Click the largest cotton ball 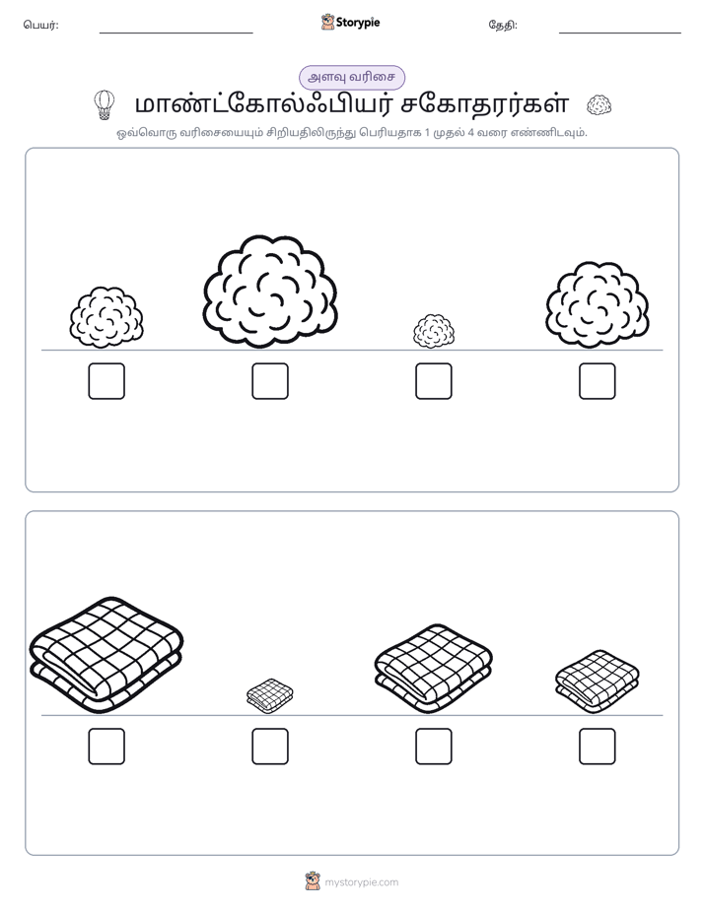click(x=270, y=292)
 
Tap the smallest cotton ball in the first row click(x=434, y=331)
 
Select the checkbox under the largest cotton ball click(x=270, y=381)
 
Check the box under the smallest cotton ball click(x=434, y=381)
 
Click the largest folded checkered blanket click(x=106, y=655)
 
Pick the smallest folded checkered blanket click(x=270, y=695)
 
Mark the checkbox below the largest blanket click(x=106, y=746)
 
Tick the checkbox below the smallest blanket click(x=270, y=746)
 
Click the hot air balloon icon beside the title click(x=104, y=105)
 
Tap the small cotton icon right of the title click(x=598, y=105)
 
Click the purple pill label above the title click(x=352, y=77)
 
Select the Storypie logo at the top click(x=350, y=22)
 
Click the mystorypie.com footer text click(x=361, y=882)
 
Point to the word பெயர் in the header click(x=39, y=25)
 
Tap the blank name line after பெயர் click(x=176, y=33)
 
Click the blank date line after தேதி click(x=620, y=33)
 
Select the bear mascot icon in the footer click(x=313, y=881)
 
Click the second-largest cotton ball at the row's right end click(x=598, y=305)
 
